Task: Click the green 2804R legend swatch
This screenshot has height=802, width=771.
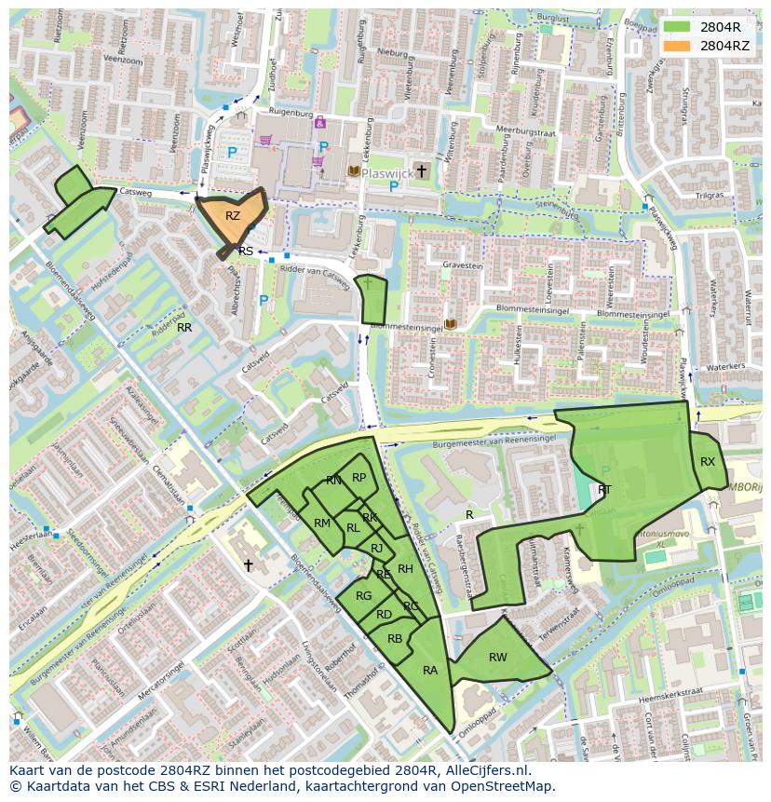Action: [x=677, y=27]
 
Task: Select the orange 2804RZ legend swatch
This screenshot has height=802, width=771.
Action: [x=677, y=46]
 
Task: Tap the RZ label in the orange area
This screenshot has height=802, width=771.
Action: [x=233, y=216]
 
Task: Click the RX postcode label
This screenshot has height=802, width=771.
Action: [x=708, y=462]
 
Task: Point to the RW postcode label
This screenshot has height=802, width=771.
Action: [x=498, y=658]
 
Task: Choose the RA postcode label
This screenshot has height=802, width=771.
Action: [x=430, y=671]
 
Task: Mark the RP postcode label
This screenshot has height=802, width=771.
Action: [x=358, y=478]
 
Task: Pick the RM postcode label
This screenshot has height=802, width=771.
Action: [x=322, y=523]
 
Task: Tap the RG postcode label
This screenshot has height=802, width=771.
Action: [x=363, y=596]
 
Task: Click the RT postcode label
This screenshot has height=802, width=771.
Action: [x=604, y=490]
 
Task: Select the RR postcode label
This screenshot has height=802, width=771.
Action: [x=184, y=328]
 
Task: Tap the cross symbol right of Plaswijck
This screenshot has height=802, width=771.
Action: [x=422, y=170]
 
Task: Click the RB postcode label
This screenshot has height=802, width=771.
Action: [x=395, y=639]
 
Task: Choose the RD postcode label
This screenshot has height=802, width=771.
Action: [x=384, y=615]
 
